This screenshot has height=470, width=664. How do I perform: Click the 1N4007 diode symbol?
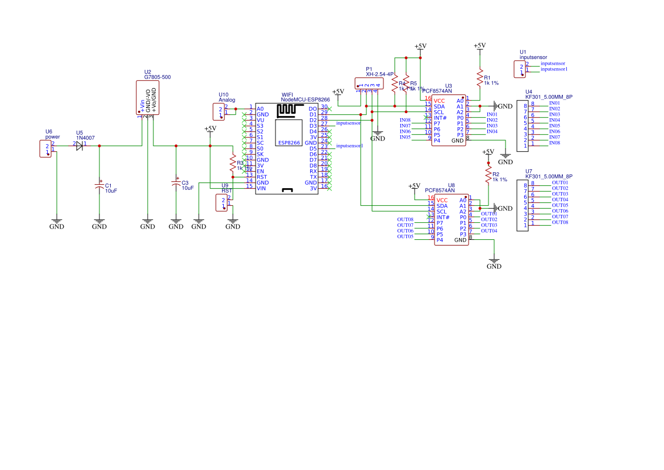coord(80,146)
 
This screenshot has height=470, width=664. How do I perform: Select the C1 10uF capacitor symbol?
coord(99,186)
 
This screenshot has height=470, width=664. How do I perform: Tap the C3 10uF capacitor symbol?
coord(176,184)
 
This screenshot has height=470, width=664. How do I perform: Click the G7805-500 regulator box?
coord(147,97)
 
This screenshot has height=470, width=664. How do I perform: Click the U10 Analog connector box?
coord(219,111)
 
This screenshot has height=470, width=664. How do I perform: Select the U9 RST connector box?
coord(222,203)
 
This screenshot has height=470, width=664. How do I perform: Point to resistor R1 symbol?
coord(480,77)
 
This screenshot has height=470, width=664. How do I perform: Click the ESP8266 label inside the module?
coord(289,143)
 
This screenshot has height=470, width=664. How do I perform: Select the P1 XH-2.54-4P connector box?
coord(368,83)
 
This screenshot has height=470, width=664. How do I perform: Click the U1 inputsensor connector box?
coord(520,69)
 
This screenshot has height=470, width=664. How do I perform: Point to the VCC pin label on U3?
coord(440,101)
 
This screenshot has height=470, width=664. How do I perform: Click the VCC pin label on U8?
coord(442,200)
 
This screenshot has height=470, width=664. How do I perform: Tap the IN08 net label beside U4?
coord(554,143)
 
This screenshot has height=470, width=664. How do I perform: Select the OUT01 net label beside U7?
coord(559,182)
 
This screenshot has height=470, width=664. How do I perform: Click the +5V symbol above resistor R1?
coord(479,46)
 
